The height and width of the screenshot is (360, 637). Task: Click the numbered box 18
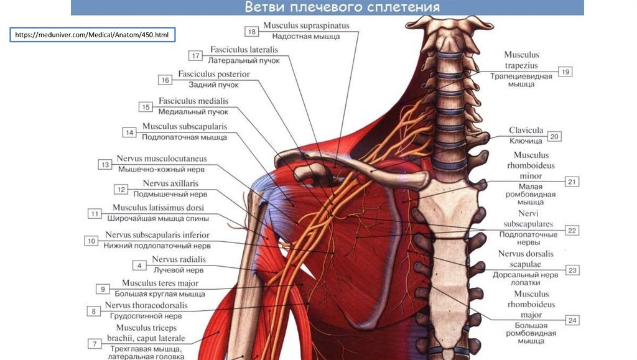point(251,31)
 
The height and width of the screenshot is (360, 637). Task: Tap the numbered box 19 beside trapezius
point(565,72)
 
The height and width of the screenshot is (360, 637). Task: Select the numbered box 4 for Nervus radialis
point(139,265)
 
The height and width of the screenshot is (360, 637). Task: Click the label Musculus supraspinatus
point(306,26)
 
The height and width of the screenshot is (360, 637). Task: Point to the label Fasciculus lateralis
point(244,50)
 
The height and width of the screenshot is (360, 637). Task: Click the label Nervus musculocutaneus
point(162,159)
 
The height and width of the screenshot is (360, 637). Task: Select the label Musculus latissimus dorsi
point(158,208)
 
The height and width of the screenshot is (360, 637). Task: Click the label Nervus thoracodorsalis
point(146,305)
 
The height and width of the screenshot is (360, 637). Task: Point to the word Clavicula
point(526,131)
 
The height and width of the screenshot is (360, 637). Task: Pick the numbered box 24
point(572,321)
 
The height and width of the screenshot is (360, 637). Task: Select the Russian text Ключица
point(522,141)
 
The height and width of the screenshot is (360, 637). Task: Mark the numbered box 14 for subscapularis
point(129,132)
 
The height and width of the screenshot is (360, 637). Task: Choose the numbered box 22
point(572,230)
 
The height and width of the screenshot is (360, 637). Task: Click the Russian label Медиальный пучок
point(193,112)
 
